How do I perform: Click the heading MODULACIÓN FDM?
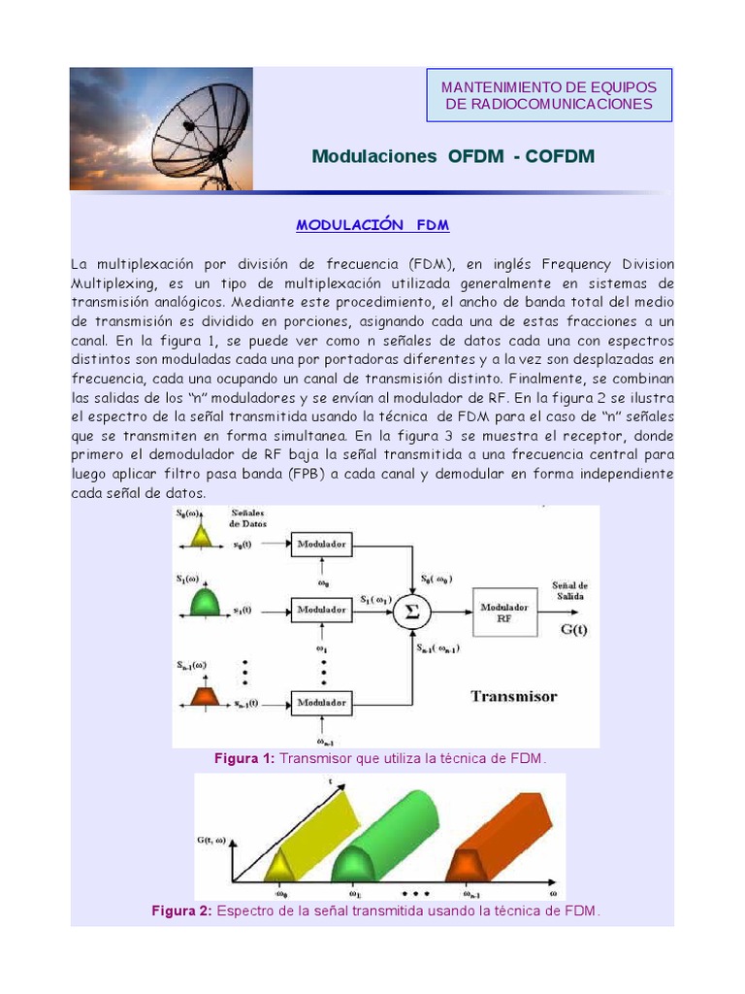click(x=372, y=225)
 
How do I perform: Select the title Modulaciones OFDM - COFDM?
click(x=453, y=156)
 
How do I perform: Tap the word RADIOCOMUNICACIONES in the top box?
click(x=549, y=104)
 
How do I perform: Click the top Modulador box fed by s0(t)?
click(x=322, y=546)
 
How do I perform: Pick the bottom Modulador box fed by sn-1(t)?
click(x=322, y=701)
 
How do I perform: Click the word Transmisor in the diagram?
click(x=513, y=696)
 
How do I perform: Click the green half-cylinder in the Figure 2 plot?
click(x=388, y=835)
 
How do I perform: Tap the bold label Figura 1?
click(x=244, y=758)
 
